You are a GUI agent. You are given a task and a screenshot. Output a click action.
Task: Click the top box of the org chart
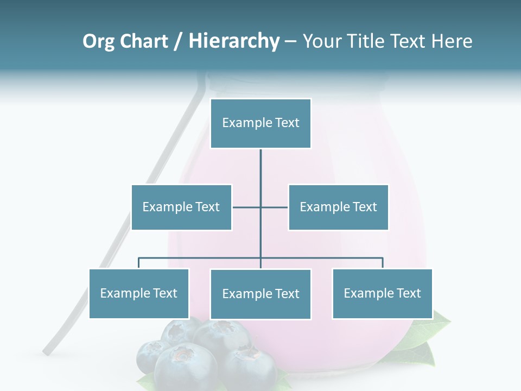260,123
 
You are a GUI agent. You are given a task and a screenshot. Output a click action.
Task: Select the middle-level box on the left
181,207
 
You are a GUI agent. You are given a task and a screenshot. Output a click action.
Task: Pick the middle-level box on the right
338,207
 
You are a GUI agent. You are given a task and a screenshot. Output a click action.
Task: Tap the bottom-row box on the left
139,293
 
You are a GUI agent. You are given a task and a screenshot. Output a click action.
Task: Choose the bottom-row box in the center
260,294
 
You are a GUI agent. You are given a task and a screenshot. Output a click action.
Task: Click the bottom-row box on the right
382,293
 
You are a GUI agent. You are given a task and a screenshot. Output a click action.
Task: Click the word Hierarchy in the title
234,41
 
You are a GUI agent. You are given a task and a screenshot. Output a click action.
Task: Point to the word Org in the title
99,41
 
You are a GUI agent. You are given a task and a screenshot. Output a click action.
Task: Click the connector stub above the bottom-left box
139,263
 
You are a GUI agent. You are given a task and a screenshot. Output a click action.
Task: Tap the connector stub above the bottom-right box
383,263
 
